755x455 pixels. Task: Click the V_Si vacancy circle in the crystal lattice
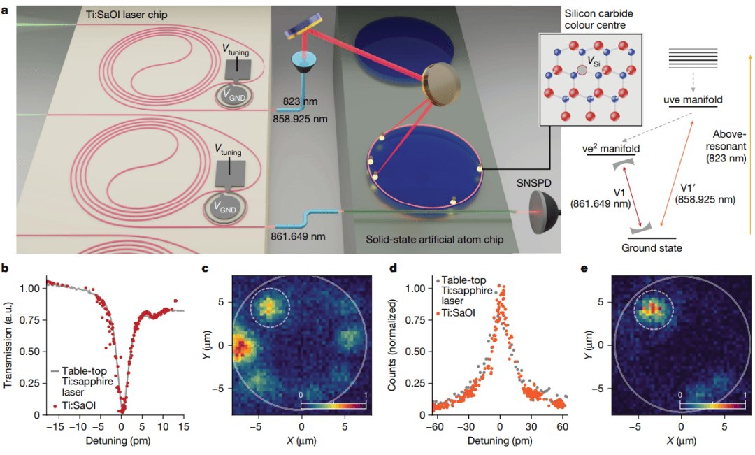point(582,71)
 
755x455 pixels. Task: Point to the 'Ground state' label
point(652,247)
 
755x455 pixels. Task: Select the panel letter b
point(6,268)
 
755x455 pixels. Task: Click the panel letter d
point(394,268)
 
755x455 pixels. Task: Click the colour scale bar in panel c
point(330,403)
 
